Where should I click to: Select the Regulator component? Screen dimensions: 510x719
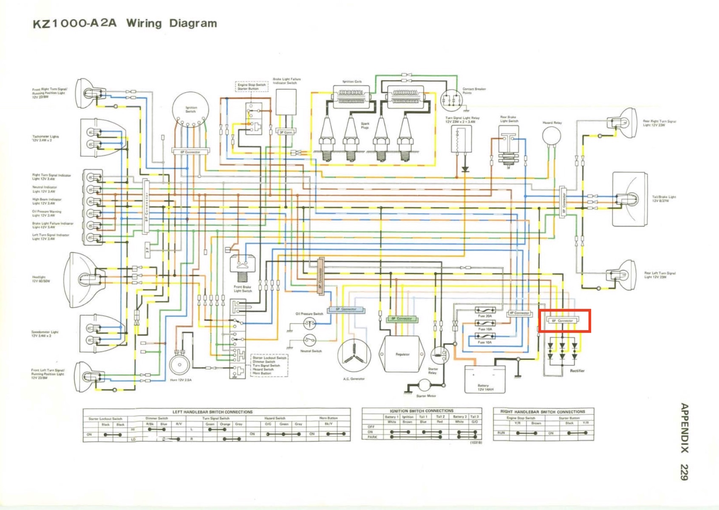(402, 354)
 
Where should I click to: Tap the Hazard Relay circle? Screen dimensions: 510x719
(552, 136)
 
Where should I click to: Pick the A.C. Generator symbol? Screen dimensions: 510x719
(354, 356)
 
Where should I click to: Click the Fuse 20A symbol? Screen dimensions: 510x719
(484, 310)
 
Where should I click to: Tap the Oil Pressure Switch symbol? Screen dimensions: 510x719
(309, 324)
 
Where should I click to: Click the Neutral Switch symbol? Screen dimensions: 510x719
(309, 340)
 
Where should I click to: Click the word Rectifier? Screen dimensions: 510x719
(577, 371)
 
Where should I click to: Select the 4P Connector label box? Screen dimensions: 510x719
(519, 313)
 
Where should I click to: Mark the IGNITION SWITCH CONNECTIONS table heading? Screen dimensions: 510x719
(422, 411)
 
